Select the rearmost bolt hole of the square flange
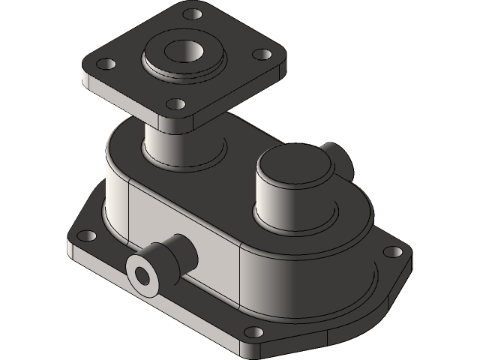(193, 14)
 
